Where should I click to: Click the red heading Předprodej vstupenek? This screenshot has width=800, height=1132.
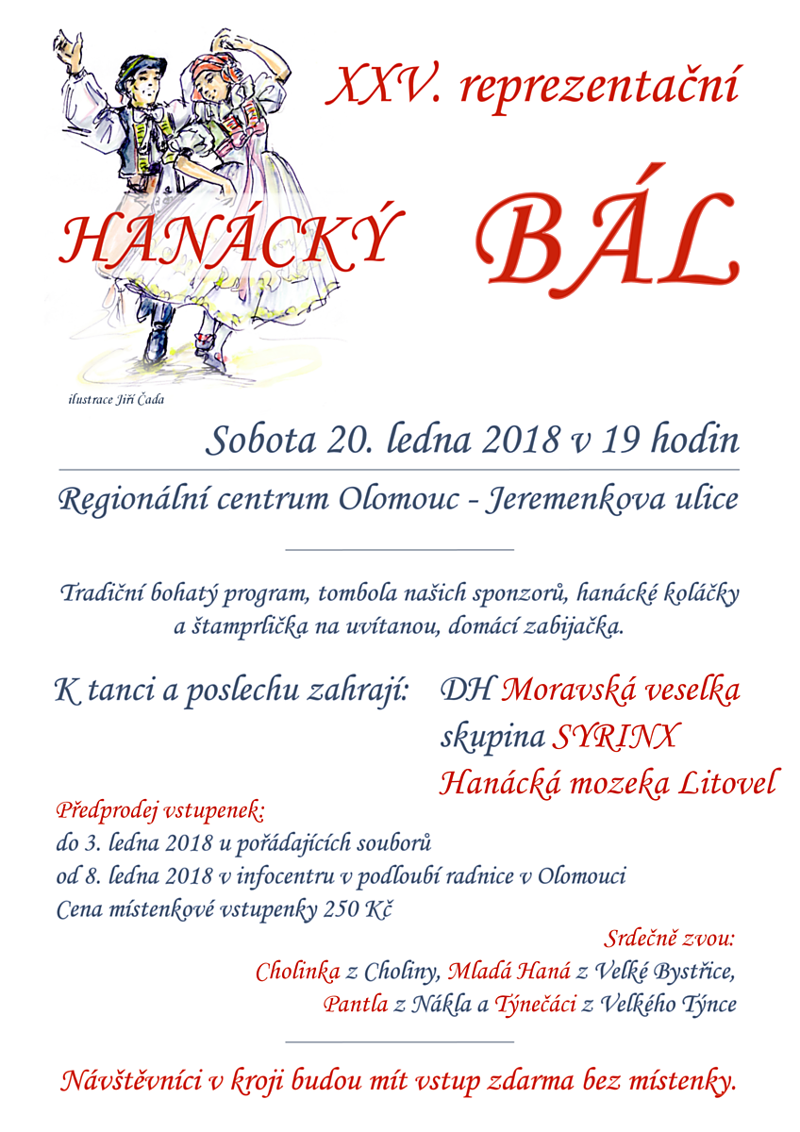coord(161,810)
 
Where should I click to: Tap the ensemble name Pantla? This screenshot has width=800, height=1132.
coord(355,1004)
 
